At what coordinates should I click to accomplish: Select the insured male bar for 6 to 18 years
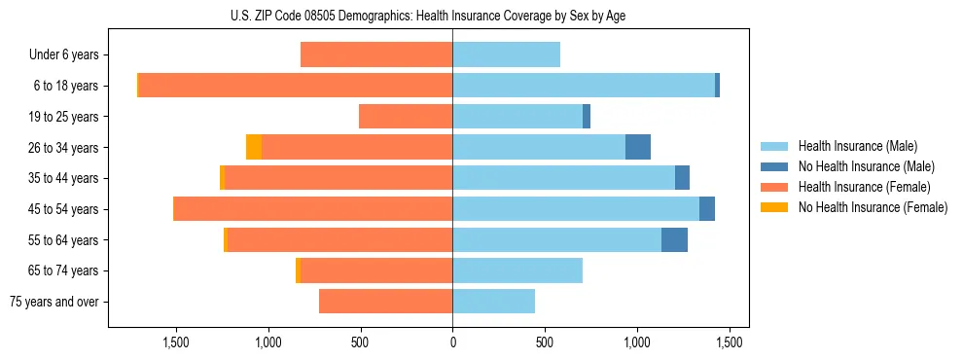(584, 86)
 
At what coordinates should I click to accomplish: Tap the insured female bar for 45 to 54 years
(313, 209)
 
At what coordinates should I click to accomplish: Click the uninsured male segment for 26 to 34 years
(638, 147)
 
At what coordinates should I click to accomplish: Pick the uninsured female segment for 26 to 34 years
(254, 147)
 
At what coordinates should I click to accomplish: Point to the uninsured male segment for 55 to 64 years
(674, 239)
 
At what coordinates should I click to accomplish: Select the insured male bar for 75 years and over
(493, 302)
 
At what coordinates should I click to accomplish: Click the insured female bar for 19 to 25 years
(406, 117)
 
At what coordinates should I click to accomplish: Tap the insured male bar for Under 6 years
(506, 54)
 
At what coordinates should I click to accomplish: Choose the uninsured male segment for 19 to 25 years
(587, 117)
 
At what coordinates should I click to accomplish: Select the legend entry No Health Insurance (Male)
(866, 166)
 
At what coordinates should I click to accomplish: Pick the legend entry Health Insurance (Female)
(865, 187)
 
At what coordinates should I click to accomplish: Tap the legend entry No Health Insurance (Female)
(873, 207)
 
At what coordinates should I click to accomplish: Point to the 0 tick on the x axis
(452, 342)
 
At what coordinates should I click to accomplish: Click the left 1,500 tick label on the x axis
(176, 342)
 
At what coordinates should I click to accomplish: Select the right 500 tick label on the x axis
(545, 342)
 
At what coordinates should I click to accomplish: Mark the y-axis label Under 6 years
(63, 54)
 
